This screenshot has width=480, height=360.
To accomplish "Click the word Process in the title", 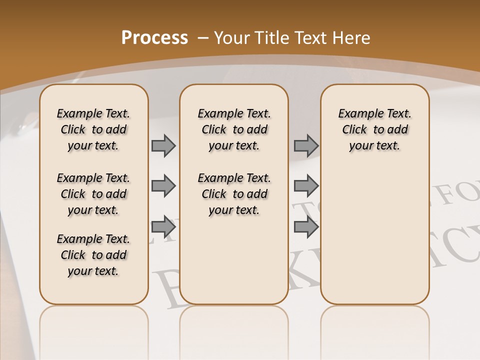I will pyautogui.click(x=154, y=38).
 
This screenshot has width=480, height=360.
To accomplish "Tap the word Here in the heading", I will pyautogui.click(x=352, y=38).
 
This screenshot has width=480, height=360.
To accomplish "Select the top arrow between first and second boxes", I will pyautogui.click(x=163, y=146).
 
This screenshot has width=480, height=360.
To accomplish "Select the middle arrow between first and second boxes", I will pyautogui.click(x=163, y=186).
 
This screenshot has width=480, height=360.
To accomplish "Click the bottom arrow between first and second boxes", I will pyautogui.click(x=163, y=226).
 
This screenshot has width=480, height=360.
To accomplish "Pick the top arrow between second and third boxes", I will pyautogui.click(x=306, y=146).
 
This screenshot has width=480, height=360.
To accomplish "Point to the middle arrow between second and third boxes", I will pyautogui.click(x=306, y=186).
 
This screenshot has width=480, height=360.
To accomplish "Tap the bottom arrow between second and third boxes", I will pyautogui.click(x=306, y=226).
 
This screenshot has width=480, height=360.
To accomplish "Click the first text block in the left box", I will pyautogui.click(x=93, y=129).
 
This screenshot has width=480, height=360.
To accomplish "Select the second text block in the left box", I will pyautogui.click(x=93, y=194).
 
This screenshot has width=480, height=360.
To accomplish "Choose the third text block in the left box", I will pyautogui.click(x=93, y=255).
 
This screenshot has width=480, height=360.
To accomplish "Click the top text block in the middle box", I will pyautogui.click(x=234, y=129).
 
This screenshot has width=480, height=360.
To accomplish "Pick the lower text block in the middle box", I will pyautogui.click(x=234, y=194).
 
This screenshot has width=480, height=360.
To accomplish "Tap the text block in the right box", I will pyautogui.click(x=375, y=129).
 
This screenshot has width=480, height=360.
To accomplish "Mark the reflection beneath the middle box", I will pyautogui.click(x=234, y=325).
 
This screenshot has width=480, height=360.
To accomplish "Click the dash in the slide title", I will pyautogui.click(x=203, y=38).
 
